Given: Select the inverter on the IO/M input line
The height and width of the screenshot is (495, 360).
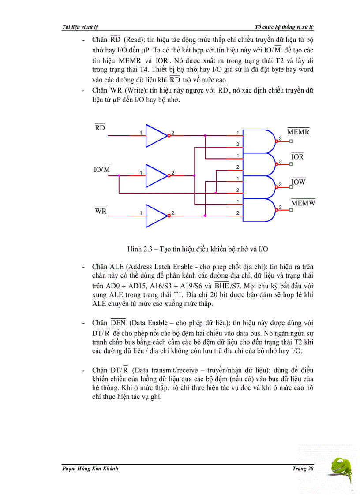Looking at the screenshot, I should (156, 175).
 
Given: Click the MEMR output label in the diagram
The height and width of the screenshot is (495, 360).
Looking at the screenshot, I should (298, 132).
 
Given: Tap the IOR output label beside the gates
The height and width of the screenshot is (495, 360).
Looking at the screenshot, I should (297, 156).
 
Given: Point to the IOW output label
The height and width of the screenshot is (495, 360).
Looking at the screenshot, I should (298, 182).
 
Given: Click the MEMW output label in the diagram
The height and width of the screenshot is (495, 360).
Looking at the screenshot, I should (303, 203).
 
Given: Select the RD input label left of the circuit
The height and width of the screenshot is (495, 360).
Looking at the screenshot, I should (100, 128).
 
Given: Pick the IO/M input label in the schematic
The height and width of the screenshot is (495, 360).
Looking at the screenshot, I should (102, 169).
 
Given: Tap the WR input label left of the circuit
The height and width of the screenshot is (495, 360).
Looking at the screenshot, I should (101, 211).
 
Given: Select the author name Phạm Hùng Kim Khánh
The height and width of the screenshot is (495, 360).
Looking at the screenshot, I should (90, 469).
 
